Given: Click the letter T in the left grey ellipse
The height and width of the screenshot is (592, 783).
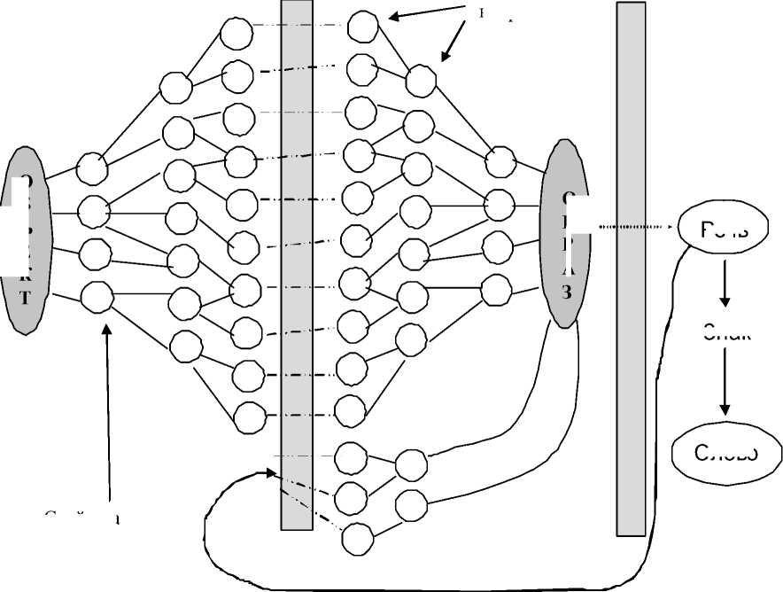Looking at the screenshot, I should pos(25,298).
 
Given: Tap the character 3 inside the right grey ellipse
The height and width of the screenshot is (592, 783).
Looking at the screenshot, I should pos(567,293).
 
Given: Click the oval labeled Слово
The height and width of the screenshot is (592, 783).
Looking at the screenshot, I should pos(726,454).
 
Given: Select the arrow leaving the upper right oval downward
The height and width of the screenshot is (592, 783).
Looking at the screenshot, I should pos(725,281).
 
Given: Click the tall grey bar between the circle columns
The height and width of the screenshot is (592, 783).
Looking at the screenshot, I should pos(297,266).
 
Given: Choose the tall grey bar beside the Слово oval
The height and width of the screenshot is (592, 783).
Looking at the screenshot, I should pos(631,266).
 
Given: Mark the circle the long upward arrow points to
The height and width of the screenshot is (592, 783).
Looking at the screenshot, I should pos(97,297).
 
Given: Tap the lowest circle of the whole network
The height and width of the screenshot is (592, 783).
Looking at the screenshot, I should pos(357,538).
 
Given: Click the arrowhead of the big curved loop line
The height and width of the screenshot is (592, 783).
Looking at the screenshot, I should pos(271,473).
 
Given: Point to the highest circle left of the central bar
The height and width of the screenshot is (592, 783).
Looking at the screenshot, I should pos(236,34).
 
